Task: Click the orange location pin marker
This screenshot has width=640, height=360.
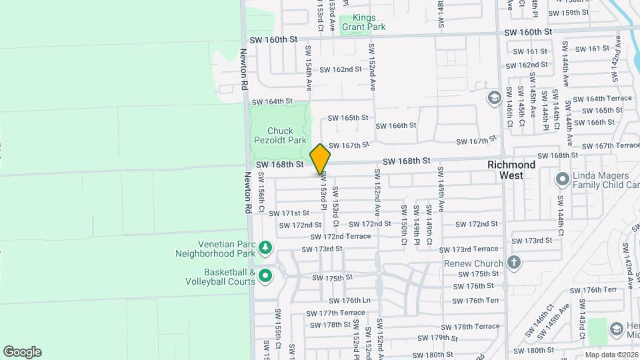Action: [x=320, y=159]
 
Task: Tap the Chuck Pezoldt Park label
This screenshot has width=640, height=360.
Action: [x=279, y=135]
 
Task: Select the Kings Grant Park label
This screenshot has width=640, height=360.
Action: [x=363, y=23]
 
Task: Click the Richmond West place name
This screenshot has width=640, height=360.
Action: [x=511, y=169]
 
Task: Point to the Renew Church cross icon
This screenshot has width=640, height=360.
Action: [x=513, y=262]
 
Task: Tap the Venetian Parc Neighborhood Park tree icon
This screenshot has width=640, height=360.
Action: [x=265, y=248]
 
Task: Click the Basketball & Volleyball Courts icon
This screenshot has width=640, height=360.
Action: [x=265, y=275]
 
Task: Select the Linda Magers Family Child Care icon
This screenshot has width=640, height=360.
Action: [x=562, y=179]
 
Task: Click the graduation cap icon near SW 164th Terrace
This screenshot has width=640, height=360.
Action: [x=494, y=99]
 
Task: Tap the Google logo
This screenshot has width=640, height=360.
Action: [x=22, y=351]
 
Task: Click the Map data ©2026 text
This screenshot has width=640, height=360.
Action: [x=611, y=355]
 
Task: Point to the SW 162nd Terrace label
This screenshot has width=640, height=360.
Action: [x=341, y=69]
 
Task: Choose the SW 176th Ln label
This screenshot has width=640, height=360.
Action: [x=349, y=301]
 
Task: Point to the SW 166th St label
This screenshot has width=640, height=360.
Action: [x=395, y=125]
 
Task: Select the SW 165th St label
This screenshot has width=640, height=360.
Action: [x=348, y=117]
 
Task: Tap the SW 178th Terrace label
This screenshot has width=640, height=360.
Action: [x=476, y=326]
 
